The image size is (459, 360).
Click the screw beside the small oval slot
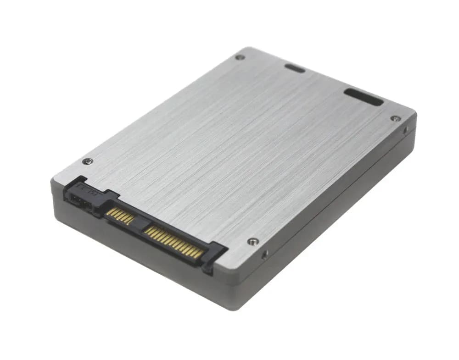point(240,57)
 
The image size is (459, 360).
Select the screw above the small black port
point(87,161)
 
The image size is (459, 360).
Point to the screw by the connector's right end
point(252,241)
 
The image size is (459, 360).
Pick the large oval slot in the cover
point(364,97)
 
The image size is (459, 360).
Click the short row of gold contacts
point(120,215)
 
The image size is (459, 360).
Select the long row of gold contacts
point(173,242)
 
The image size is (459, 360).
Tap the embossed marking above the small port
point(87,188)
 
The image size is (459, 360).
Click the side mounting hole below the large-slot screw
point(405,130)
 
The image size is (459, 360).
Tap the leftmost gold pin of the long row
point(147,229)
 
